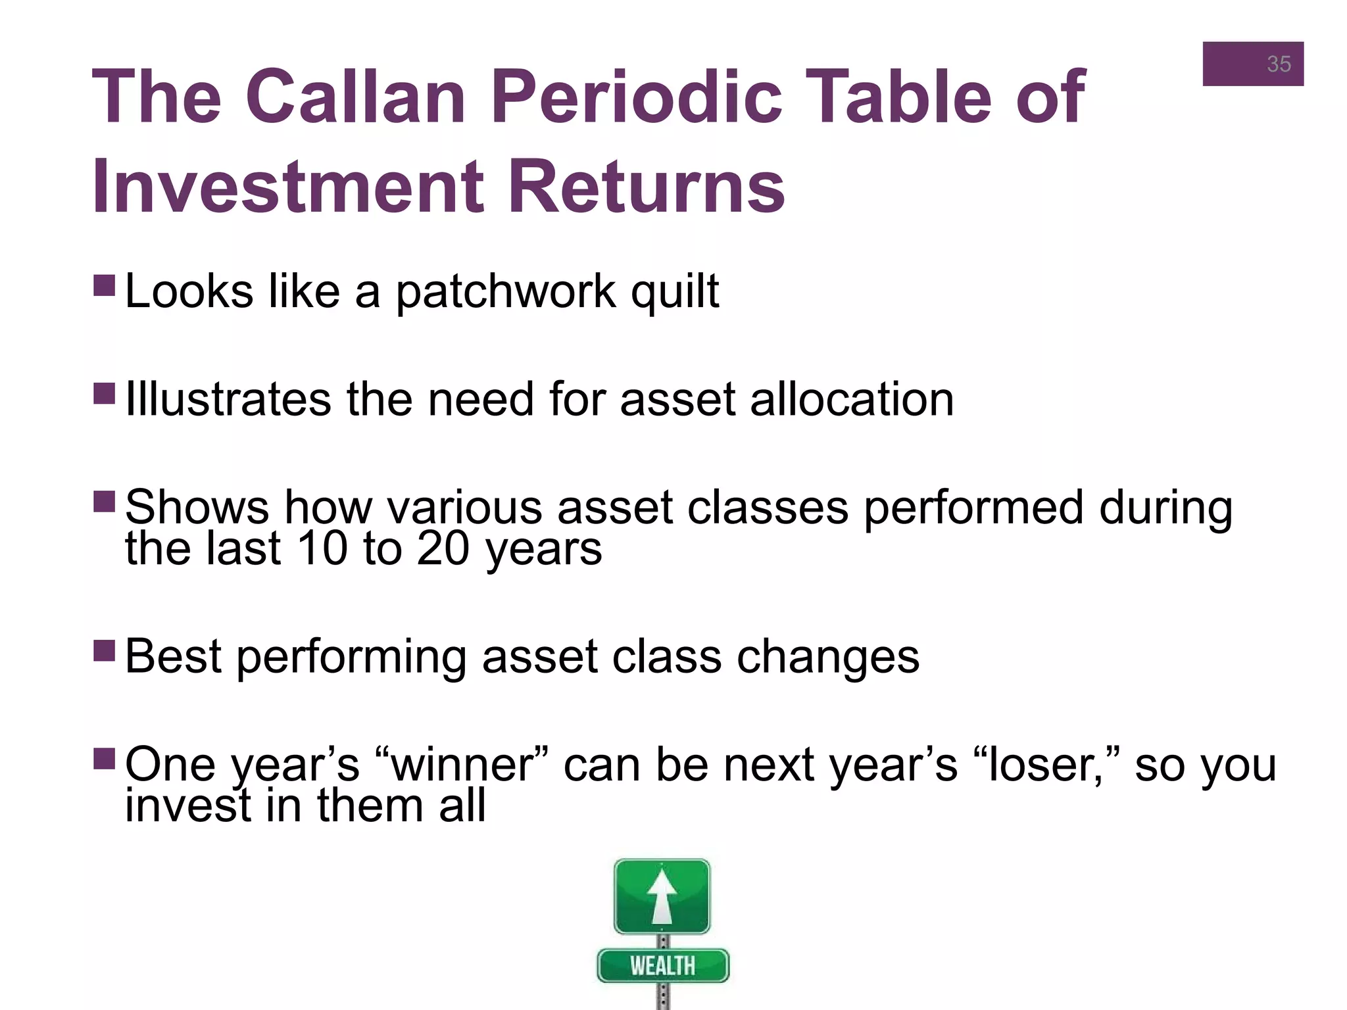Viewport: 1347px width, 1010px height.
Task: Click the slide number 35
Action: [x=1278, y=64]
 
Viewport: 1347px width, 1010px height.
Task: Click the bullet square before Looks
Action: [x=105, y=285]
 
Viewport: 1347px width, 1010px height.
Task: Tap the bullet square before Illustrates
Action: [x=105, y=393]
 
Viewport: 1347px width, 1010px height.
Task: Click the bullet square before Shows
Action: [x=105, y=501]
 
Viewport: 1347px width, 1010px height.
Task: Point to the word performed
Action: [x=973, y=508]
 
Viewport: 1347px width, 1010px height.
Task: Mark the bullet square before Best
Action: [x=105, y=650]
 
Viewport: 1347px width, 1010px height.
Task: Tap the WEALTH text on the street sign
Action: [x=662, y=966]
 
